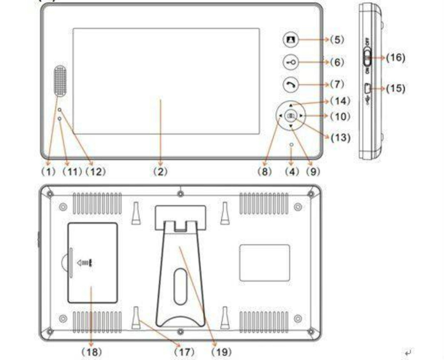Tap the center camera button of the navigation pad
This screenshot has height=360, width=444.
click(x=291, y=116)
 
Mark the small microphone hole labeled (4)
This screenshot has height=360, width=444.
click(x=291, y=145)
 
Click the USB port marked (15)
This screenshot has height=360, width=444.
click(x=367, y=88)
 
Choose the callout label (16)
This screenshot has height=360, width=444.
click(x=396, y=57)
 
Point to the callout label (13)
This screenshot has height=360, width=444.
click(x=341, y=137)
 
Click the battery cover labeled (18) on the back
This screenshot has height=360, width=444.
click(x=92, y=263)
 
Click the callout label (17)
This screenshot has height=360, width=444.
click(x=184, y=351)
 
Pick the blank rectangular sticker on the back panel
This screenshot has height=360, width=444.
click(x=264, y=262)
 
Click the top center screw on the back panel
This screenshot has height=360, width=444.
click(x=181, y=194)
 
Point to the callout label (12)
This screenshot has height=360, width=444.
click(x=95, y=171)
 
